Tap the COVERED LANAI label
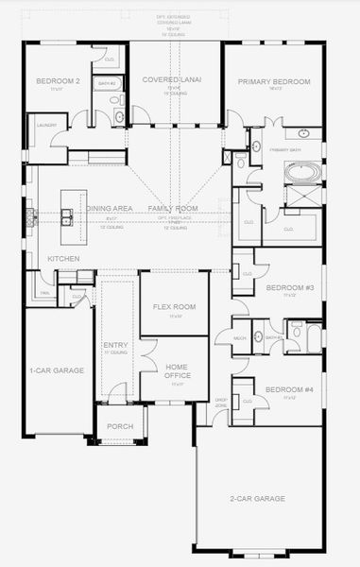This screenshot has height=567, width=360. (x=168, y=81)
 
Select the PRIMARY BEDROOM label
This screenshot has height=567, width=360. (x=274, y=82)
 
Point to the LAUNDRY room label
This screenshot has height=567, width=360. (x=46, y=125)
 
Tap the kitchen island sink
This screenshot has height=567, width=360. (x=67, y=217)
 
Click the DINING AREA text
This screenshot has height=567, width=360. (x=109, y=208)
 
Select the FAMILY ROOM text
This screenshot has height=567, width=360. (x=173, y=208)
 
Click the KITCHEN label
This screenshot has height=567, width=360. (x=63, y=258)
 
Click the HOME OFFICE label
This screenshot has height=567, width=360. (x=177, y=371)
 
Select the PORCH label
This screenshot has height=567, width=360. (x=120, y=426)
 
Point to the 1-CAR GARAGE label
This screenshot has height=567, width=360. (x=57, y=370)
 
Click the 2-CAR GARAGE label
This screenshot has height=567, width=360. (x=257, y=498)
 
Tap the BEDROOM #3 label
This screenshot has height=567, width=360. (x=288, y=287)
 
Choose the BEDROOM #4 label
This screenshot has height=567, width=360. (x=288, y=390)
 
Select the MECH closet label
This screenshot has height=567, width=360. (x=240, y=337)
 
